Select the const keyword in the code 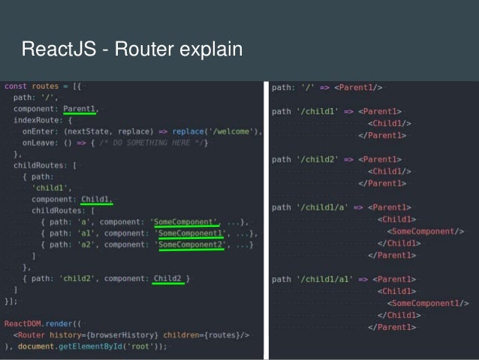(x=16, y=87)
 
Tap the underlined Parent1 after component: (x=80, y=109)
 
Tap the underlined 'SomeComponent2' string (x=190, y=244)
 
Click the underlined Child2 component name (x=168, y=279)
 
